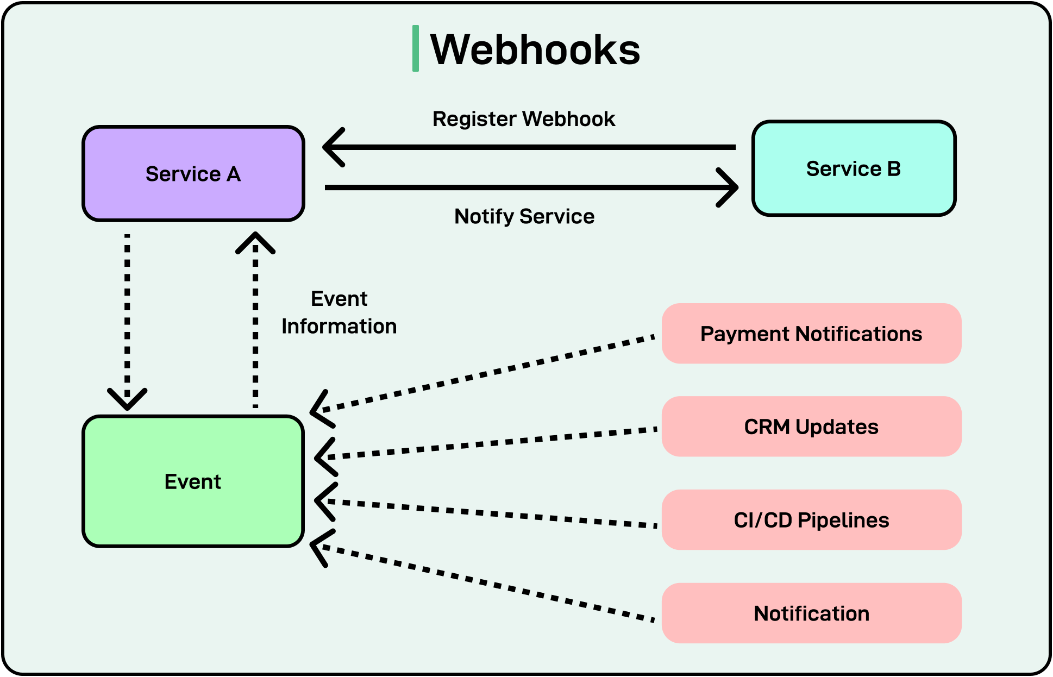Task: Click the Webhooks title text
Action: coord(535,49)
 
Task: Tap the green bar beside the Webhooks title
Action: coord(416,48)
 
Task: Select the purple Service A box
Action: coord(193,174)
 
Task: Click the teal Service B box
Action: coord(853,168)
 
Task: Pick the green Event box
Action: coord(193,481)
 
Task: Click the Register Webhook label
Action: coord(524,119)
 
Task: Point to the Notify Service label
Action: coord(524,216)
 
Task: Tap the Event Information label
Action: coord(339,312)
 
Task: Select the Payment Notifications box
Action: coord(811,334)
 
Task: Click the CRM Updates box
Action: coord(811,427)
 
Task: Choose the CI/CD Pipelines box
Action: coord(811,520)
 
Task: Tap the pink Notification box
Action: coord(811,613)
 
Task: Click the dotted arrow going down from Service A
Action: coord(127,315)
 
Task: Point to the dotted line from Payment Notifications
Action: coord(489,374)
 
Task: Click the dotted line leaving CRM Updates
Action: coord(489,443)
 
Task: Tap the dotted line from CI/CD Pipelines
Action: coord(489,513)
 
